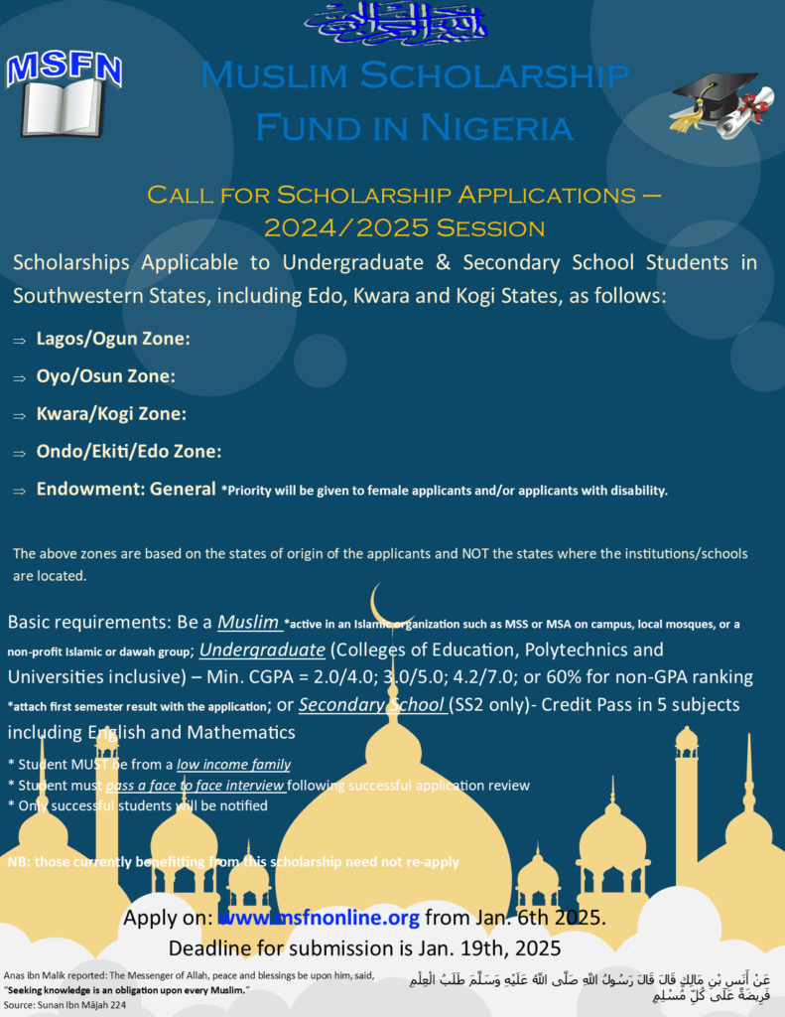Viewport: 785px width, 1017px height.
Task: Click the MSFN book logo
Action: tap(64, 93)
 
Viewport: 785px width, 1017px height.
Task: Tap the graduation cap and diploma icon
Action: tap(721, 105)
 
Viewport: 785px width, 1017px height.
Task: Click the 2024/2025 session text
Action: tap(404, 227)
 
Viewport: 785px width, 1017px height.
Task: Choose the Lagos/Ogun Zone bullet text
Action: tap(113, 339)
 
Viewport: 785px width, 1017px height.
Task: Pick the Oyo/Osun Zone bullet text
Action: tap(105, 376)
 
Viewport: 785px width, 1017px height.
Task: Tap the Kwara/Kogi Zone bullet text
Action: tap(111, 413)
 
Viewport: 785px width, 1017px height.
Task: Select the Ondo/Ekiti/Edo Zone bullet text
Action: tap(128, 451)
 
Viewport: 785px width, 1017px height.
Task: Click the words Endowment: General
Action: tap(126, 489)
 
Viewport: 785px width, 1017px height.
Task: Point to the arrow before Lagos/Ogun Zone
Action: tap(19, 341)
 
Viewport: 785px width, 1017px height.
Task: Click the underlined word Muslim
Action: tap(248, 623)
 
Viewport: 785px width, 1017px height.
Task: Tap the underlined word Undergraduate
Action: tap(262, 651)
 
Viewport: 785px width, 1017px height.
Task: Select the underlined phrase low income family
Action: tap(233, 764)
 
